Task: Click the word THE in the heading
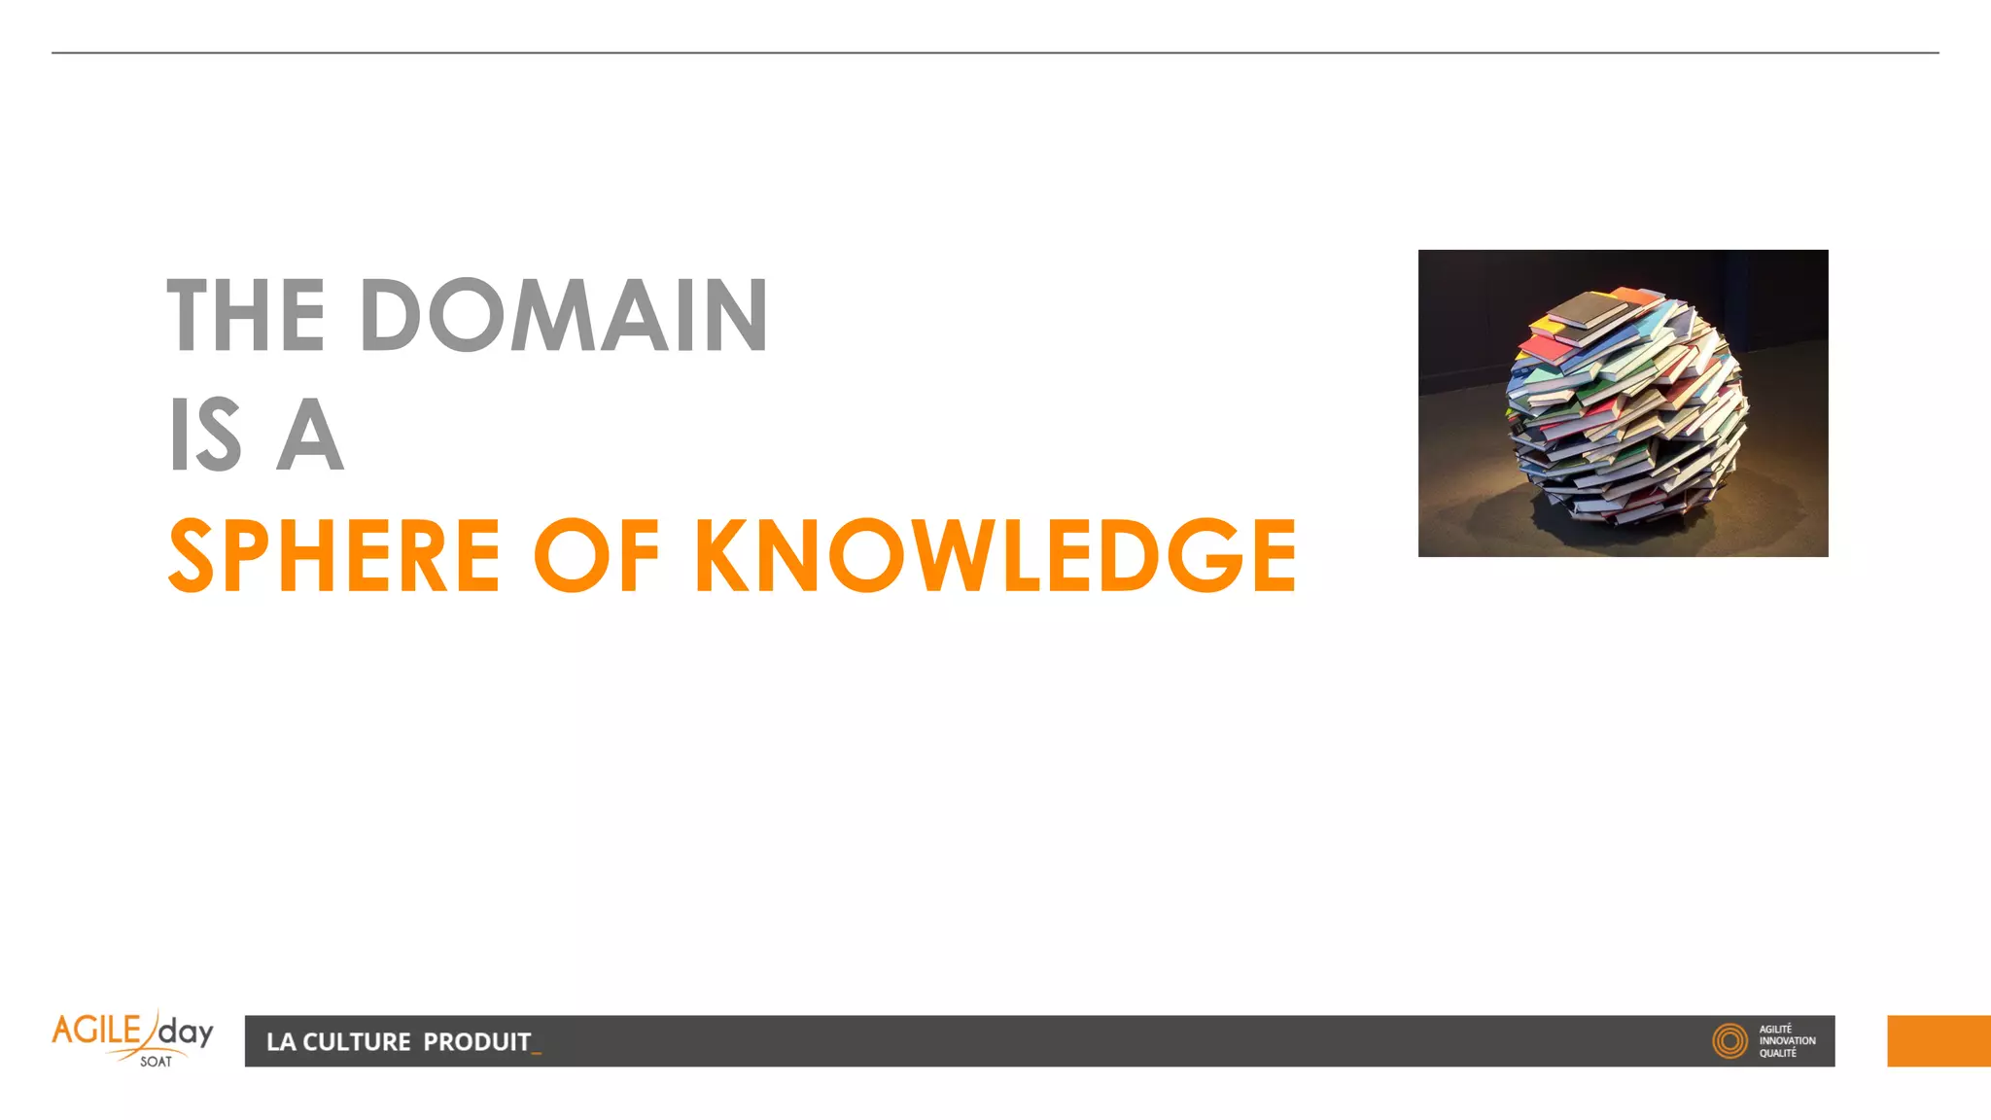point(246,316)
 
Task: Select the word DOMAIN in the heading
point(564,316)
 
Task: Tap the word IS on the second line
point(205,435)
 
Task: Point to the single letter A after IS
point(310,435)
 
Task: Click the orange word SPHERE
point(334,555)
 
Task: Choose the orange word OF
point(596,555)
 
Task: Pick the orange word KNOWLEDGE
point(995,555)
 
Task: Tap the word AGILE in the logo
point(96,1031)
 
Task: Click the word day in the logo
point(186,1032)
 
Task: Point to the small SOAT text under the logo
point(156,1062)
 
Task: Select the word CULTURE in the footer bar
point(357,1042)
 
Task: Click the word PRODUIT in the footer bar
point(476,1042)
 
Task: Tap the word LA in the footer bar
point(280,1042)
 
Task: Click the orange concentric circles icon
point(1729,1041)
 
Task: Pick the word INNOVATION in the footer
point(1787,1041)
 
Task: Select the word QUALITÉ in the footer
point(1777,1054)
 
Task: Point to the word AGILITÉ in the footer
point(1775,1029)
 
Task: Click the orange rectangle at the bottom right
point(1939,1041)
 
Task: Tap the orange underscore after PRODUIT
point(537,1051)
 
